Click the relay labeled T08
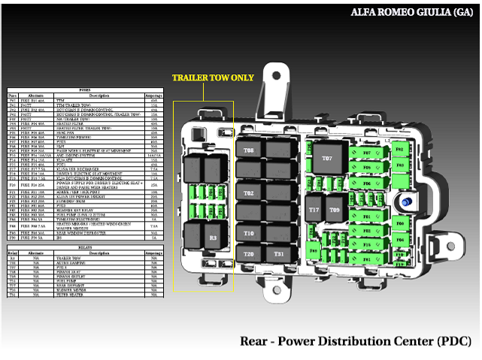[249, 150]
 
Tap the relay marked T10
[249, 234]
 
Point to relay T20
[249, 254]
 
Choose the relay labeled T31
[279, 254]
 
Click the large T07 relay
[327, 159]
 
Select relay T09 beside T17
[334, 210]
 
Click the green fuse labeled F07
[367, 153]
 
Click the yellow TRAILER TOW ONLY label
[213, 77]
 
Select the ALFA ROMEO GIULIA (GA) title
[411, 12]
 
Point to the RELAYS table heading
[84, 246]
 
